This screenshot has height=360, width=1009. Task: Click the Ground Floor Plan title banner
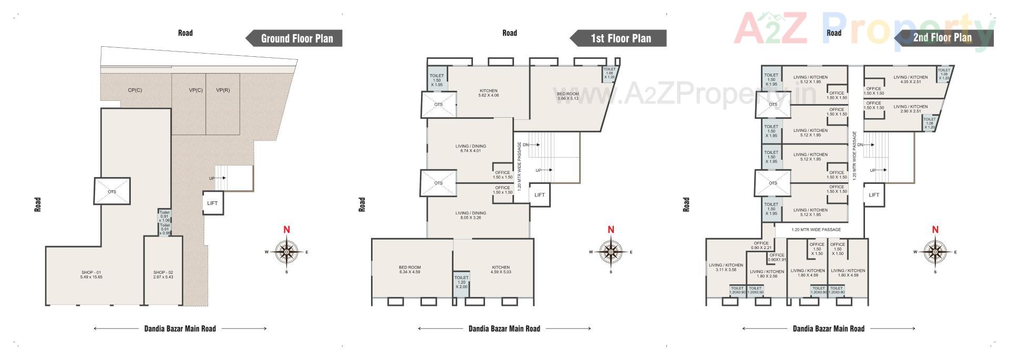point(297,38)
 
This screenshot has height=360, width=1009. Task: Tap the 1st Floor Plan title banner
point(621,38)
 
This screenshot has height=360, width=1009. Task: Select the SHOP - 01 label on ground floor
point(91,275)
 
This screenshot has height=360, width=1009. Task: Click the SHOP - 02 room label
point(163,275)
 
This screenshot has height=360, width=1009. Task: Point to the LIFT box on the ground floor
point(212,203)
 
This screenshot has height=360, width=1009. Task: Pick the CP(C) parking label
point(135,90)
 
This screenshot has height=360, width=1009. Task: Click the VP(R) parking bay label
point(223,90)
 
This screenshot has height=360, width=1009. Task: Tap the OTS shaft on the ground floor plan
point(112,192)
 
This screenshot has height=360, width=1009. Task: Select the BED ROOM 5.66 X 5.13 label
point(568,96)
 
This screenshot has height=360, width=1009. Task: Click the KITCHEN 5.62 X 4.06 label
point(488,93)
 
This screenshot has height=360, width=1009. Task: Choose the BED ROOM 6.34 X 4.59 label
point(410,270)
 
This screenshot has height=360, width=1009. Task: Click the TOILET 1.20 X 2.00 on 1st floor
point(461,282)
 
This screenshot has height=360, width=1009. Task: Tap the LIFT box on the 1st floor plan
point(540,195)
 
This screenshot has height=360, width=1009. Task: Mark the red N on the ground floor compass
point(286,230)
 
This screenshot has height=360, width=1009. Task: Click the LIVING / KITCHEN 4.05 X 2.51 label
point(911,79)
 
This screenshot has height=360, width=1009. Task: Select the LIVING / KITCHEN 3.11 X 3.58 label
point(726,268)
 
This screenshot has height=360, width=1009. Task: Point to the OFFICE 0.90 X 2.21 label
point(760,245)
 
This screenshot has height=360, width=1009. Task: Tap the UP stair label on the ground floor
point(212,179)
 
